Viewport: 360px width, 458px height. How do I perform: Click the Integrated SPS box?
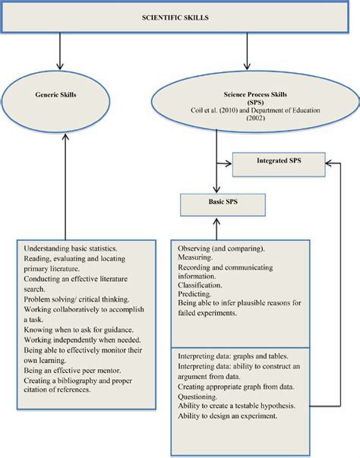tap(279, 161)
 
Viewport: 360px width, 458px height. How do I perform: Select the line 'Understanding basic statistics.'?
tap(71, 248)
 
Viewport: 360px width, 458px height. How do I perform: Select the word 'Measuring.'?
tap(197, 258)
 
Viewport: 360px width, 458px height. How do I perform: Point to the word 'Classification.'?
tap(203, 288)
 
